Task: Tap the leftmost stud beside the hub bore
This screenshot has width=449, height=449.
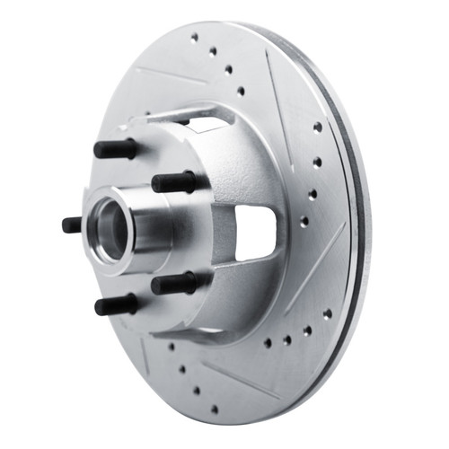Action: [73, 224]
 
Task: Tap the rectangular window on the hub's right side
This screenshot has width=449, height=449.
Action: [254, 232]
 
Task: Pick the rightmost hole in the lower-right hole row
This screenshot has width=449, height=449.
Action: [327, 313]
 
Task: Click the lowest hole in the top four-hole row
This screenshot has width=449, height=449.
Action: [241, 91]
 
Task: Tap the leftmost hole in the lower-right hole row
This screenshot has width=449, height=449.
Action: [267, 342]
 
